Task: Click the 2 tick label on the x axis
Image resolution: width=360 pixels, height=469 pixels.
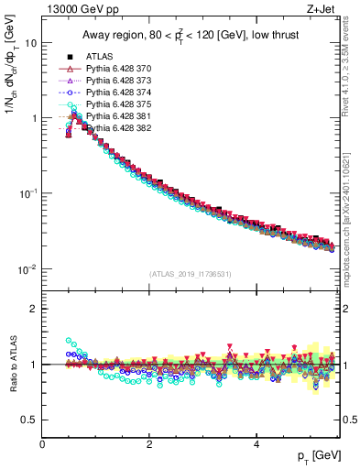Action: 149,443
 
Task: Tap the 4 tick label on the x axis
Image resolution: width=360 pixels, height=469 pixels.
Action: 256,443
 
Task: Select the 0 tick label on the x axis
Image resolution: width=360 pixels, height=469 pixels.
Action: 42,443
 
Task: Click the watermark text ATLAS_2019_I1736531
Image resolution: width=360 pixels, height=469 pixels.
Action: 191,274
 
